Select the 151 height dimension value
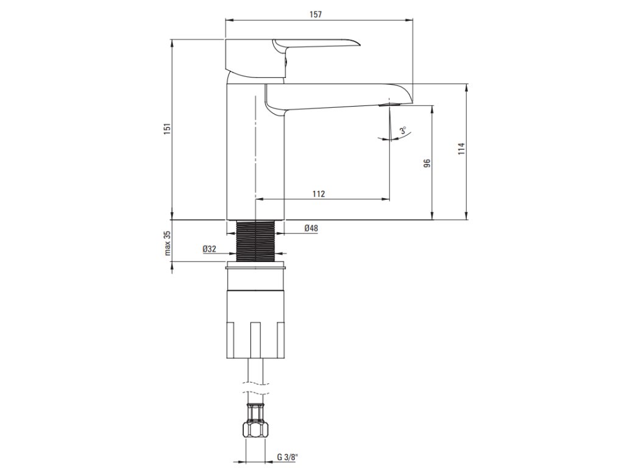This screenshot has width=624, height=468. [166, 129]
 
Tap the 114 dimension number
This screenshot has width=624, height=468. [461, 150]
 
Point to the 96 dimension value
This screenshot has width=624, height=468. [427, 163]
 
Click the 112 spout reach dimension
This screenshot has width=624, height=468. [318, 194]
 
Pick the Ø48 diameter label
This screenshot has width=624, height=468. [311, 229]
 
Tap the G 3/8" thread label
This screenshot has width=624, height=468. [288, 456]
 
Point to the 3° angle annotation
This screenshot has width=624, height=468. [403, 131]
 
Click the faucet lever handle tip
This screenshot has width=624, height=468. [356, 43]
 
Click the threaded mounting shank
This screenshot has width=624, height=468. [255, 241]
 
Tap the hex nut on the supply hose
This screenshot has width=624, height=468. [255, 430]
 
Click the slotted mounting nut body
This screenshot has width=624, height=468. [255, 323]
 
